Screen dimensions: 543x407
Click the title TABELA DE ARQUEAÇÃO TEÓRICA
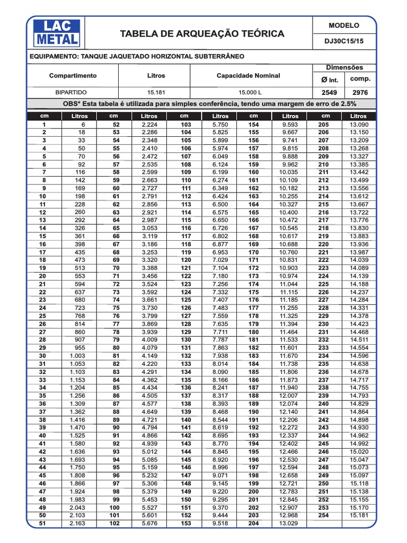click(202, 34)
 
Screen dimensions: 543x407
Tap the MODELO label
click(344, 25)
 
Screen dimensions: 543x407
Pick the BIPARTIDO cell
click(73, 92)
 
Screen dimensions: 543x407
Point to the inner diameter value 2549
click(330, 92)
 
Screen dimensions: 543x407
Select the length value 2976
click(360, 92)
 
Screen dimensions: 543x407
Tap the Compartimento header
click(73, 76)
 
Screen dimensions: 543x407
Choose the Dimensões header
click(344, 67)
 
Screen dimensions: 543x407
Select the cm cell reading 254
click(323, 515)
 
